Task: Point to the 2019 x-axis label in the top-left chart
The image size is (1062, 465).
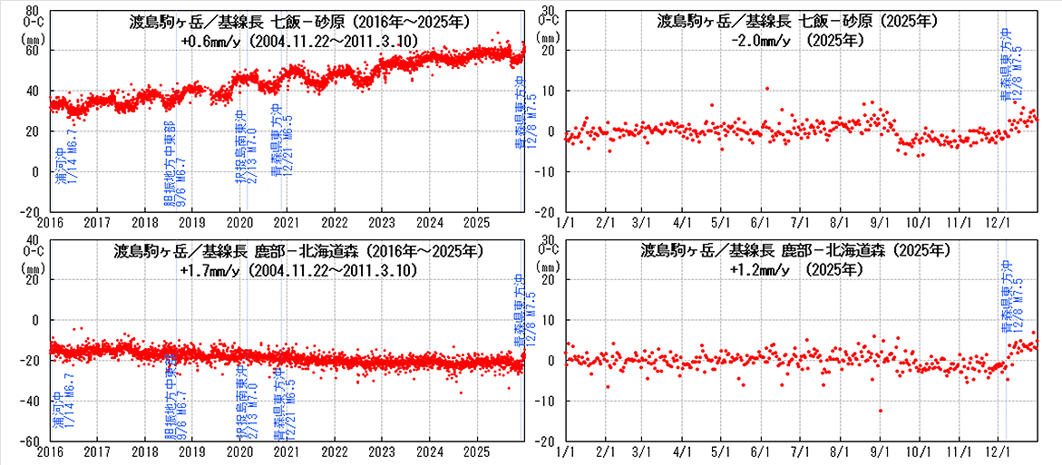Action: (192, 221)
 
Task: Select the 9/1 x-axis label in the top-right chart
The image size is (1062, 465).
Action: (879, 221)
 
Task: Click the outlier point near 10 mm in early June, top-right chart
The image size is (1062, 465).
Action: (767, 89)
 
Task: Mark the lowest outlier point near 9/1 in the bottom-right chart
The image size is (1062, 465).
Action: (880, 411)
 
